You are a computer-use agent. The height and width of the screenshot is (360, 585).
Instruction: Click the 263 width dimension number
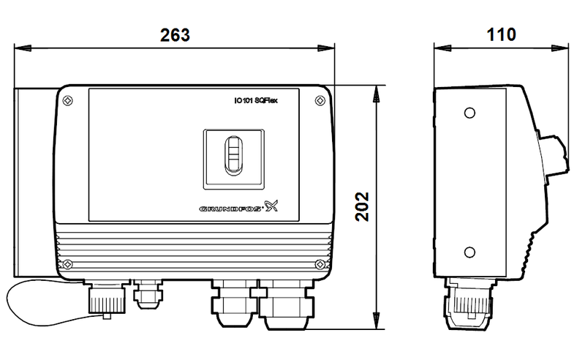[175, 35]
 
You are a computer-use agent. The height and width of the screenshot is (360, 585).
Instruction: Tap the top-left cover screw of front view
[67, 100]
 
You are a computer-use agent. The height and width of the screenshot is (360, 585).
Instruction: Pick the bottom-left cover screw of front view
[67, 264]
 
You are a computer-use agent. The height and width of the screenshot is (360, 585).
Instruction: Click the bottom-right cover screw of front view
[318, 264]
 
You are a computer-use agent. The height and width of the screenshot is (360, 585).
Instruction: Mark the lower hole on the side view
[469, 253]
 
